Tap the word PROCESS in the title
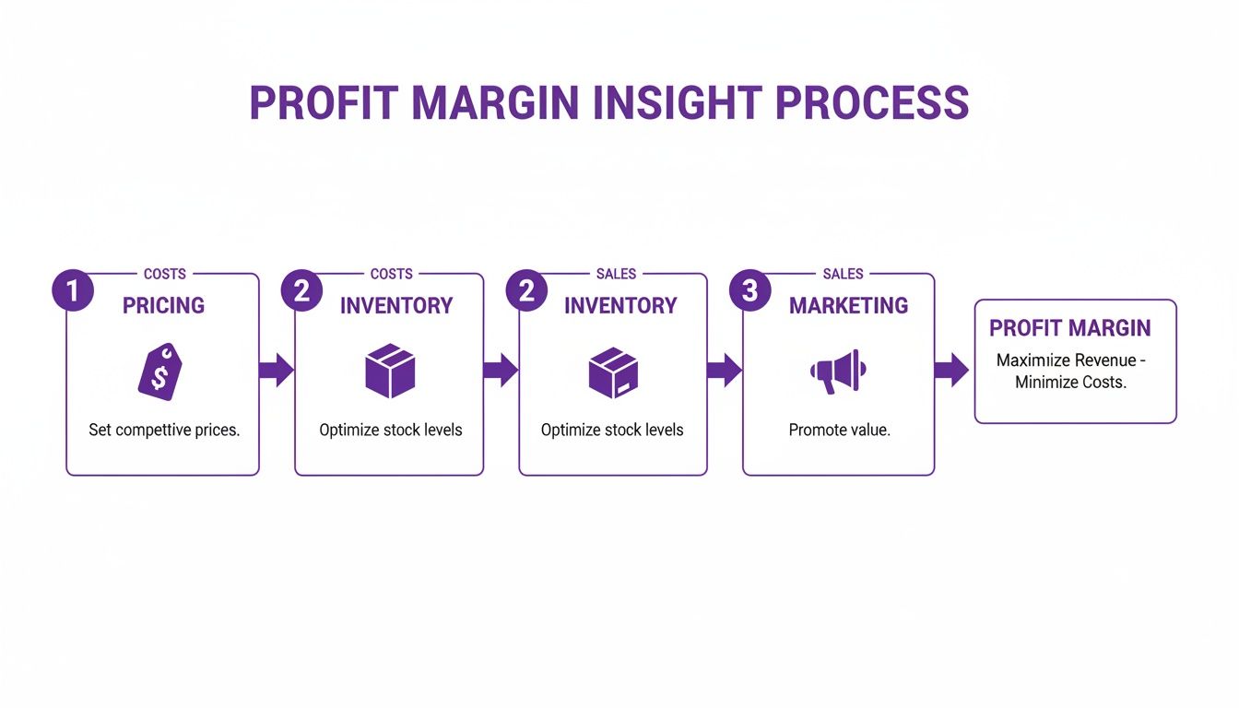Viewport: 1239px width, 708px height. point(872,103)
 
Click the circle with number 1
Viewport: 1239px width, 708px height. point(73,291)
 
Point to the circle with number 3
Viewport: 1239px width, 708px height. point(749,291)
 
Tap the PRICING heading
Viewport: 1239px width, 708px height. point(163,305)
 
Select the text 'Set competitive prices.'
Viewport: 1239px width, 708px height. point(163,430)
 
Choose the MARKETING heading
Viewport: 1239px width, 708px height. point(848,305)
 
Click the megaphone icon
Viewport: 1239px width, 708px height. point(838,371)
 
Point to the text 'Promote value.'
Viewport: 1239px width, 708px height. point(839,430)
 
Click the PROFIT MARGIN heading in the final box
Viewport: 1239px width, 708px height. point(1069,328)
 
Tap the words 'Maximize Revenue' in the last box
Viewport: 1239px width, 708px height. point(1069,360)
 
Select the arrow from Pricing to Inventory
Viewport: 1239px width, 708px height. point(276,371)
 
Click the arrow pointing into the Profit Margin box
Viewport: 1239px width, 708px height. point(951,371)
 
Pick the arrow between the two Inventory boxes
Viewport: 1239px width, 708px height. point(501,371)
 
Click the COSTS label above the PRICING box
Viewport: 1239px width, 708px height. point(165,274)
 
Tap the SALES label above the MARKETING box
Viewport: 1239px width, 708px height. point(843,274)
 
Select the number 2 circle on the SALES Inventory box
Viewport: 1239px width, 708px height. point(526,291)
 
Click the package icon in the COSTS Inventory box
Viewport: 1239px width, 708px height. point(390,371)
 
